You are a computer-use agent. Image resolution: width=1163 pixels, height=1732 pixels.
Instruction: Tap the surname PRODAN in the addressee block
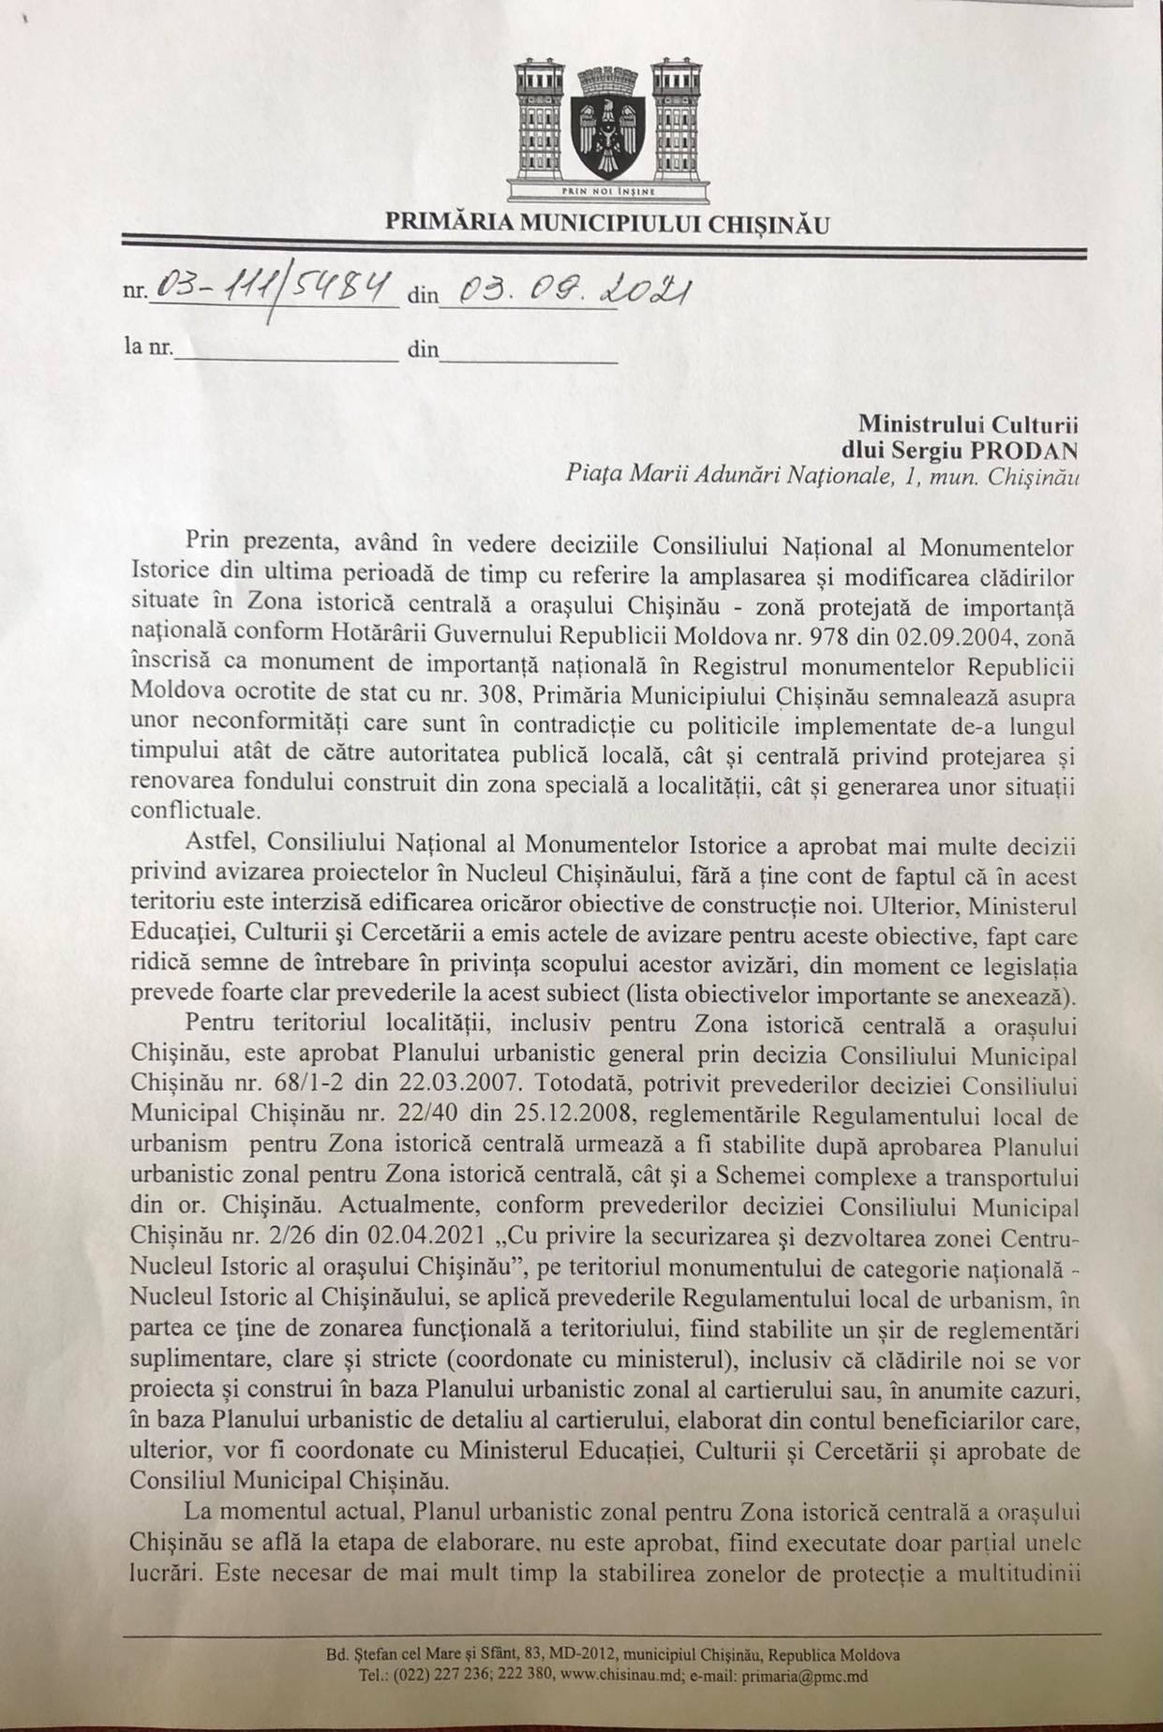(1033, 450)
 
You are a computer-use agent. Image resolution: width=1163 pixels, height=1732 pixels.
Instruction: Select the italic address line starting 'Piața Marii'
(823, 476)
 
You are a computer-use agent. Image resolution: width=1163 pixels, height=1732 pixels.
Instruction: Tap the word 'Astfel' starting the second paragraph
(214, 847)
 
